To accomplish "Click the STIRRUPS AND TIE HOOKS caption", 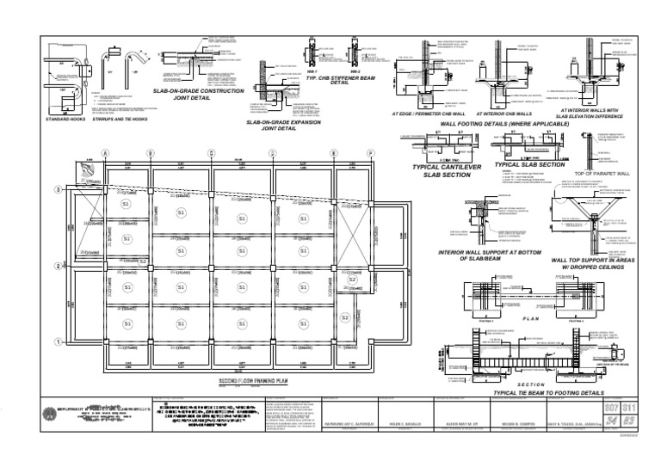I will click(x=120, y=120).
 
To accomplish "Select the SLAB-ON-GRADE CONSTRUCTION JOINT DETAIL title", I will click(x=199, y=95).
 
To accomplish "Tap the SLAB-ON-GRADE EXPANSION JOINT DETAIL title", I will click(x=278, y=126).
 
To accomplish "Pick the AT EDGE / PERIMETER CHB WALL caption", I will click(x=429, y=114).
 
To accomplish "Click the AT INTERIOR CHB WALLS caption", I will click(x=503, y=114).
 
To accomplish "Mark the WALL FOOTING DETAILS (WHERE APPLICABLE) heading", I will click(x=504, y=125).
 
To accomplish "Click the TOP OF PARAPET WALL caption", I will click(x=602, y=173).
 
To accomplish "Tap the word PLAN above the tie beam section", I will click(x=531, y=319).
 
